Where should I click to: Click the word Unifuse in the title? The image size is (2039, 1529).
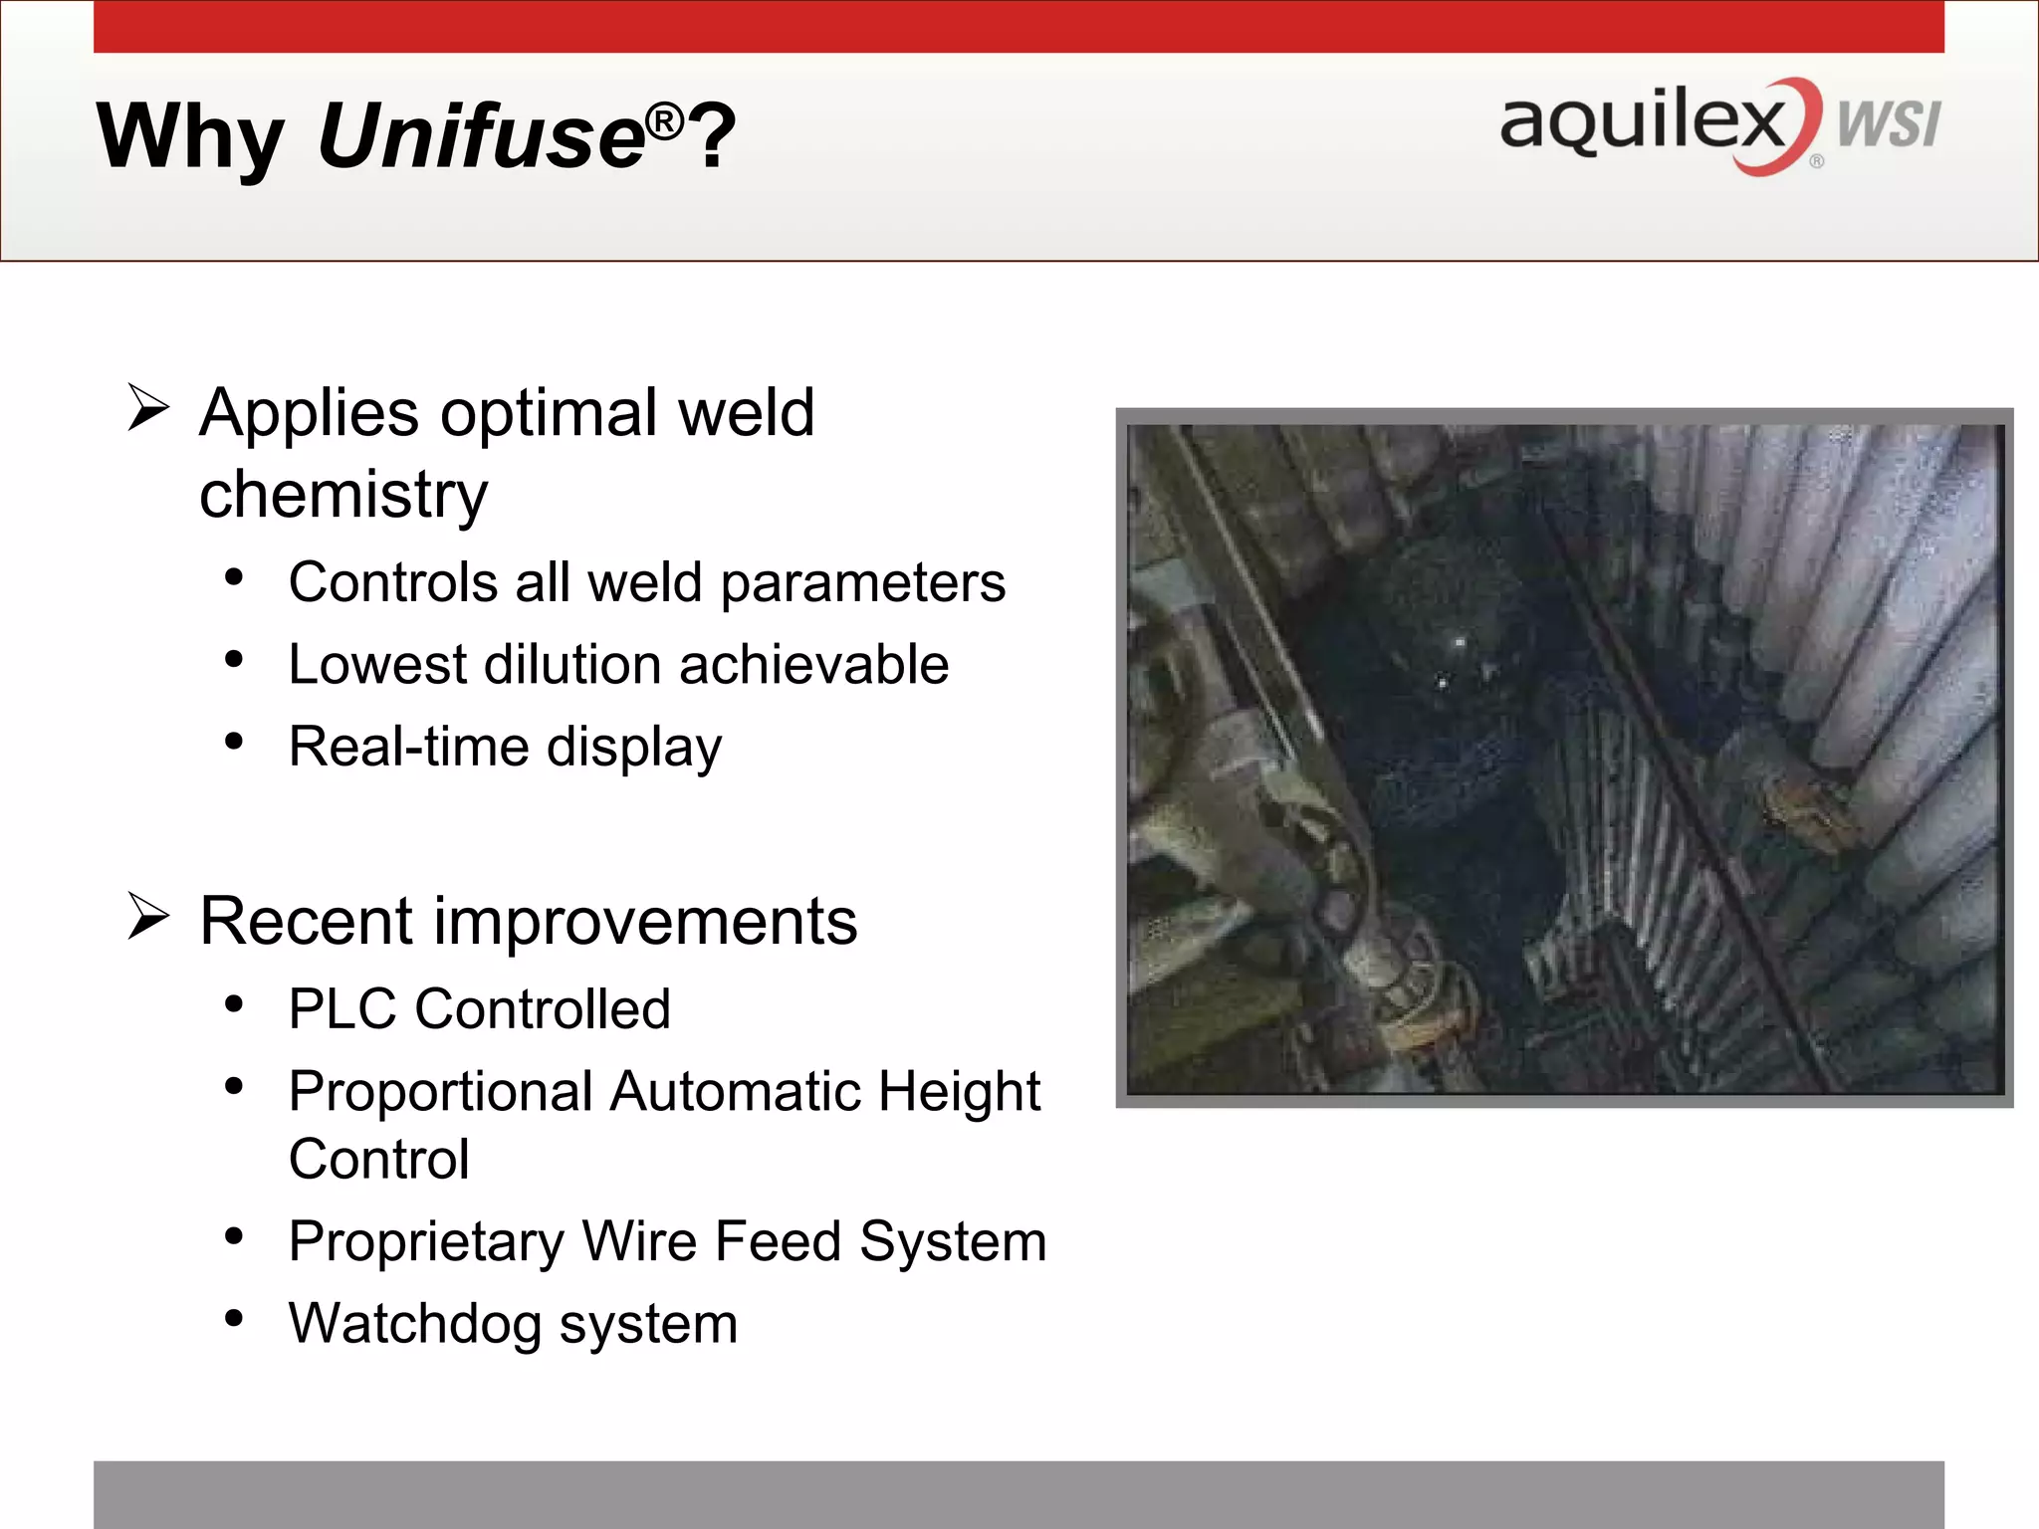pyautogui.click(x=481, y=135)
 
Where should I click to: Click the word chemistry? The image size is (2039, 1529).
pyautogui.click(x=343, y=495)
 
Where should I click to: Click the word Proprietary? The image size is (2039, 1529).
pyautogui.click(x=426, y=1242)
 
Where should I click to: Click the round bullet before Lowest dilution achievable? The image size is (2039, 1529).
pyautogui.click(x=234, y=660)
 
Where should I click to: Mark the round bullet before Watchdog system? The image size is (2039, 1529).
pyautogui.click(x=234, y=1320)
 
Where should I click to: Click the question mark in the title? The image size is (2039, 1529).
pyautogui.click(x=713, y=137)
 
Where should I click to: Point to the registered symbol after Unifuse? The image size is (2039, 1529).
pyautogui.click(x=664, y=121)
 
